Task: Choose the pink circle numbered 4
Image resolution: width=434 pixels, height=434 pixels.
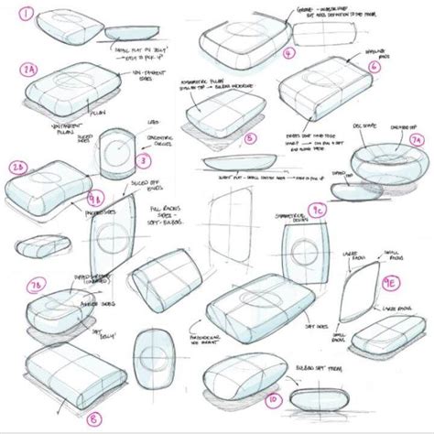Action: coord(288,53)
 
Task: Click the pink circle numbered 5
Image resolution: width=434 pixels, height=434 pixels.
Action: coord(249,139)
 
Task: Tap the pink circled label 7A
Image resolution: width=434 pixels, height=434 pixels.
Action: coord(417,139)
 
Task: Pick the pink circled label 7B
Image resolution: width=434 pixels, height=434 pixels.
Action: coord(37,288)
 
